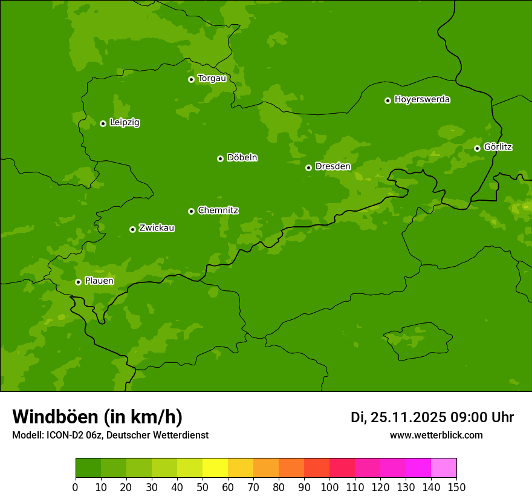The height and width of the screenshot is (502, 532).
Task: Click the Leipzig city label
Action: click(x=125, y=123)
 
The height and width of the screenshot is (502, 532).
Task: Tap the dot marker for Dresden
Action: click(x=308, y=168)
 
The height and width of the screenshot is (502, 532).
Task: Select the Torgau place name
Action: click(x=212, y=79)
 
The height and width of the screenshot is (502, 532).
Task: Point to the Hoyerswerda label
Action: click(x=422, y=100)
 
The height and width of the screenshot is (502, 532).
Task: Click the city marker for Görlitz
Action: click(x=477, y=148)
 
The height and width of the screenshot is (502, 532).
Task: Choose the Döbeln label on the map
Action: click(x=242, y=158)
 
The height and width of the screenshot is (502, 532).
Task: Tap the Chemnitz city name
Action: click(x=218, y=210)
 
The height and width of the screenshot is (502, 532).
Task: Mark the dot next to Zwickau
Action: click(x=132, y=229)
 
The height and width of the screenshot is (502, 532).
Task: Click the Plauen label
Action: click(x=99, y=281)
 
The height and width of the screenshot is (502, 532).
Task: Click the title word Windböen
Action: click(x=55, y=417)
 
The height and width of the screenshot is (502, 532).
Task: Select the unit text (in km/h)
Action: click(x=143, y=417)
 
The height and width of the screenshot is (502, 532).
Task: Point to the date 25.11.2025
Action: click(x=408, y=417)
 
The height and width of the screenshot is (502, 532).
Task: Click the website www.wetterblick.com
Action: click(x=436, y=435)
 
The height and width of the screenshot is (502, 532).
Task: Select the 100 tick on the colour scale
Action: click(x=329, y=487)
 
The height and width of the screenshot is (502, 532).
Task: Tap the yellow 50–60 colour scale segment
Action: click(x=215, y=468)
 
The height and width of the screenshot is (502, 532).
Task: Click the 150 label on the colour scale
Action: click(x=456, y=487)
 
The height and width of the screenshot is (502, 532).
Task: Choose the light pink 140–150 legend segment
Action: click(x=444, y=468)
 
